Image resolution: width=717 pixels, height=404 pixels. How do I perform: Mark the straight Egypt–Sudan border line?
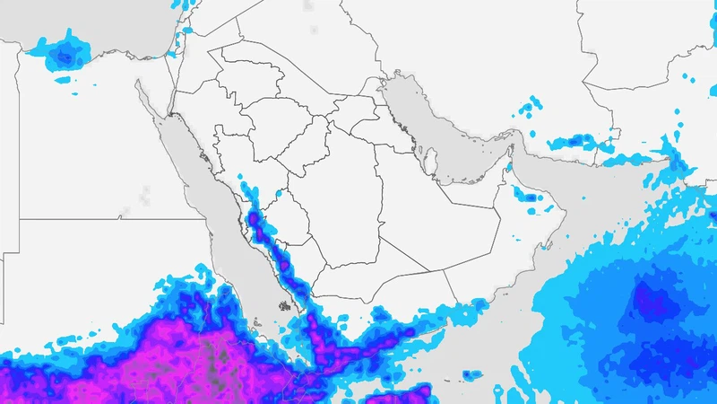click(108, 218)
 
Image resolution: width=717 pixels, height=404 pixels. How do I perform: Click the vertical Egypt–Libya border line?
click(18, 135)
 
